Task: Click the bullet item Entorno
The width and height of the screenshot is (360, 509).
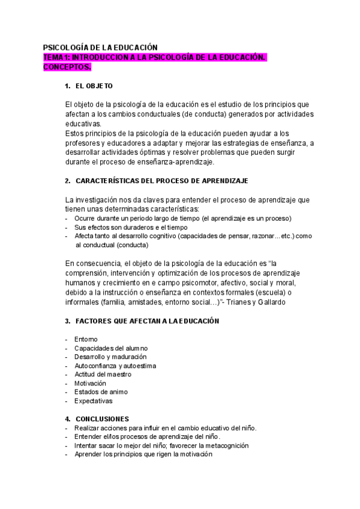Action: (86, 340)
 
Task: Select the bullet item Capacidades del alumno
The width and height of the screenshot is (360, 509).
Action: (111, 348)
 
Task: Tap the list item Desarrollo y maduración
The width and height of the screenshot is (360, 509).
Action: (110, 357)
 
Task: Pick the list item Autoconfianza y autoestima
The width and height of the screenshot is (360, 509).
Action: (115, 366)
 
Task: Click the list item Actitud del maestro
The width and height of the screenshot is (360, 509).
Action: (103, 375)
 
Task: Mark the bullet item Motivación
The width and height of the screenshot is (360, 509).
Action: (90, 383)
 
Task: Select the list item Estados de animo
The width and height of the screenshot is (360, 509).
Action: (101, 392)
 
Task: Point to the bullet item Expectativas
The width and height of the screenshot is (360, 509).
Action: (93, 401)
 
